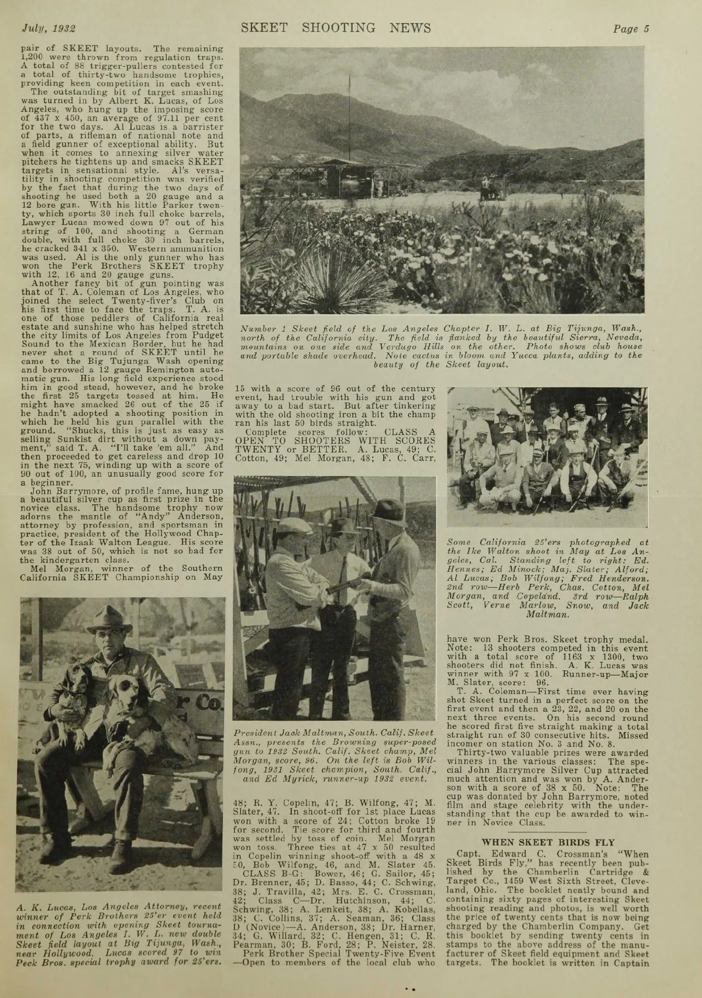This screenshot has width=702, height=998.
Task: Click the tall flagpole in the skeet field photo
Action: pyautogui.click(x=349, y=117)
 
